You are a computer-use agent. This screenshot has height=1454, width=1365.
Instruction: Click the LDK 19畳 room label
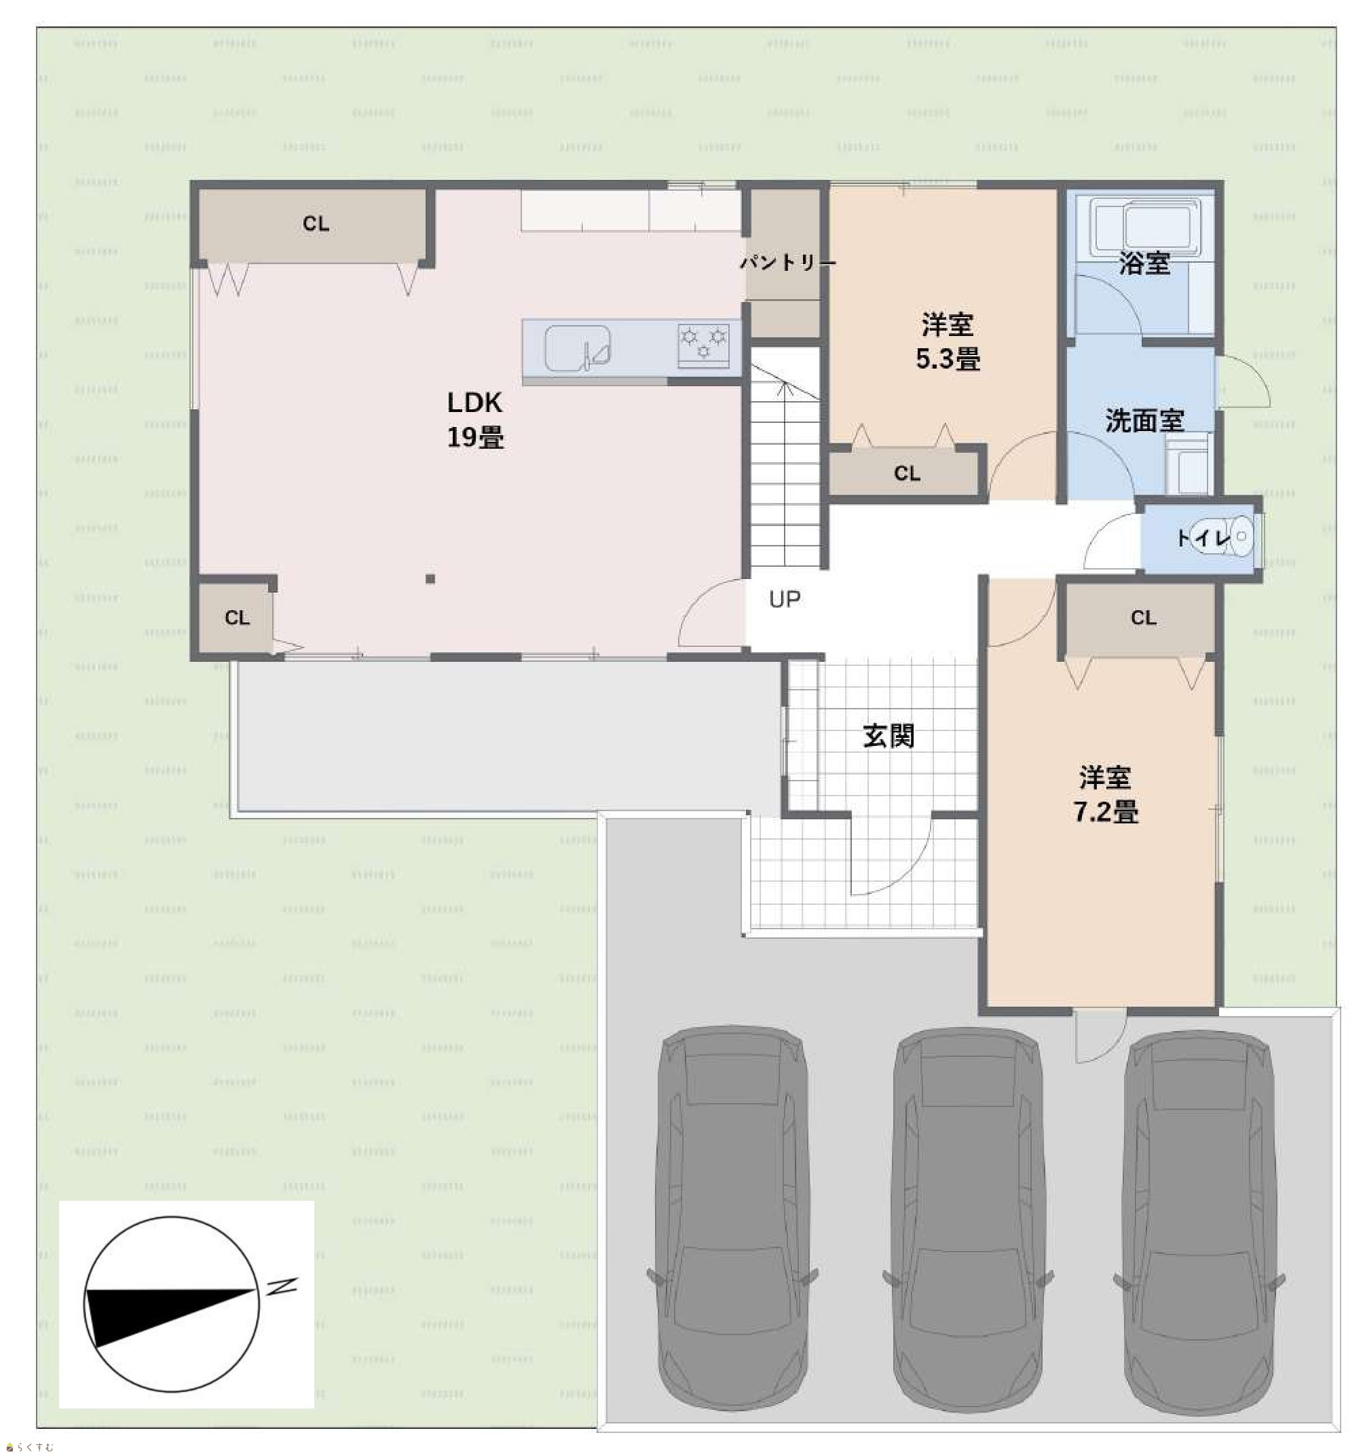pyautogui.click(x=474, y=419)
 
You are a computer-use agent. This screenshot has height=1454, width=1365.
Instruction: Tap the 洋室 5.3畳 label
pyautogui.click(x=948, y=341)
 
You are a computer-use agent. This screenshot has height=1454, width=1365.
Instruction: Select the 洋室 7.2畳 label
pyautogui.click(x=1105, y=794)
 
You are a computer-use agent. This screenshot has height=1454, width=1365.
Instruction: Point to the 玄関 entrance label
pyautogui.click(x=889, y=736)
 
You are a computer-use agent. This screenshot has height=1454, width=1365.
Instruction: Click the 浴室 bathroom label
pyautogui.click(x=1144, y=263)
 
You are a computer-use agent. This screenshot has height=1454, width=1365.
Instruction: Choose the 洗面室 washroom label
pyautogui.click(x=1144, y=421)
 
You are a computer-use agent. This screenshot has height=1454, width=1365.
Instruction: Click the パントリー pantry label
pyautogui.click(x=787, y=262)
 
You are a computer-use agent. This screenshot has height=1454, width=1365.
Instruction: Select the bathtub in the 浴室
pyautogui.click(x=1146, y=226)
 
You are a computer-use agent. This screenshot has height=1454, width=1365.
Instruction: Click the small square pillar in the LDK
pyautogui.click(x=430, y=579)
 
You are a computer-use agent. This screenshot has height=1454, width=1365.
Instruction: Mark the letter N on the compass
pyautogui.click(x=282, y=1286)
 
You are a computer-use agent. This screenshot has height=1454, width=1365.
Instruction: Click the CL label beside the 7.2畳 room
pyautogui.click(x=1143, y=617)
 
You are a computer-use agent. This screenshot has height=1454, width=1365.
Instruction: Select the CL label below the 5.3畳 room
pyautogui.click(x=906, y=473)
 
